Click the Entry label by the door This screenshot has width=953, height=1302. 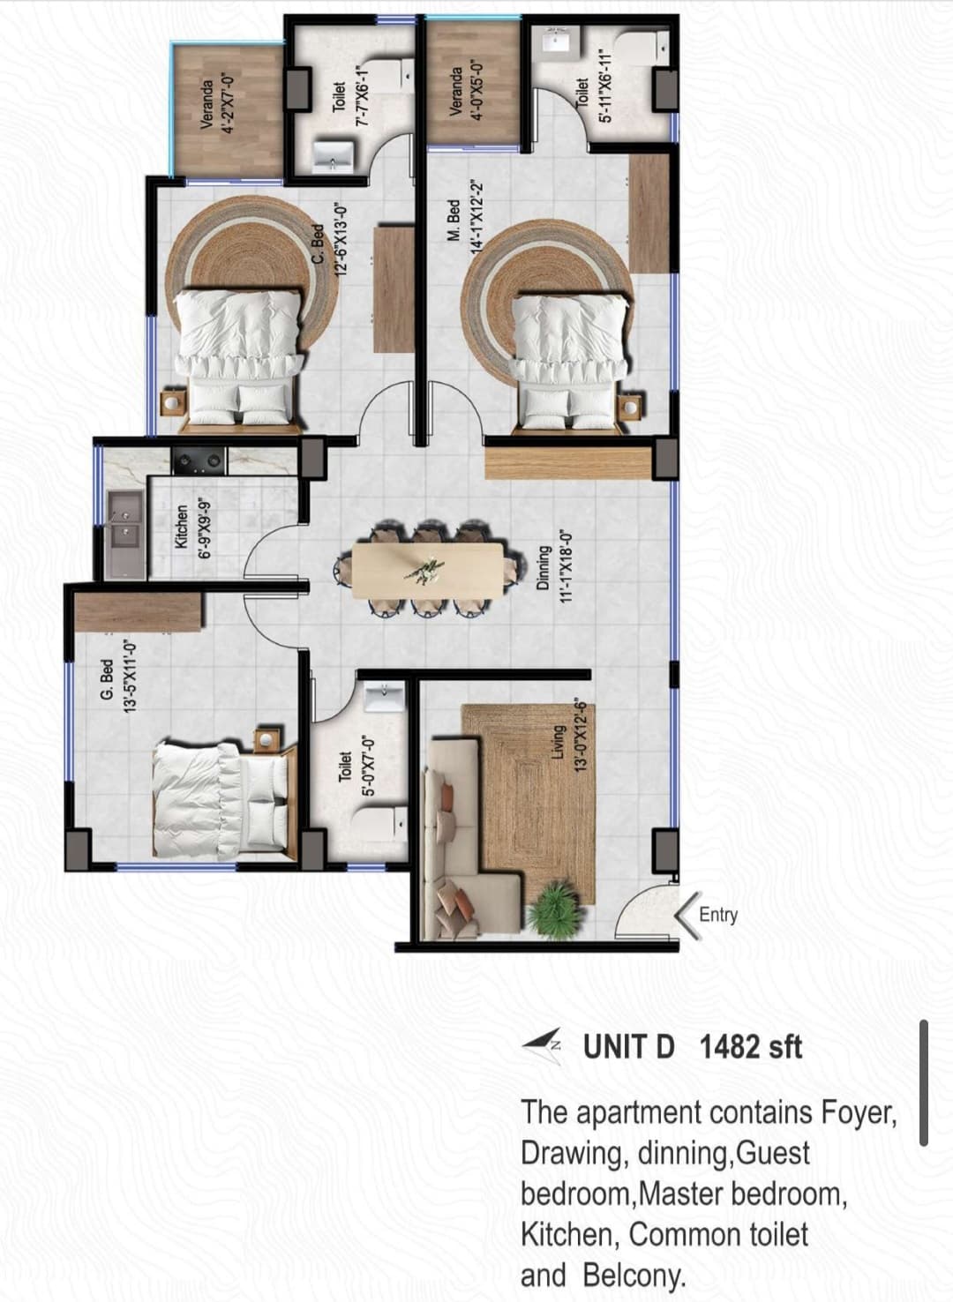click(x=718, y=915)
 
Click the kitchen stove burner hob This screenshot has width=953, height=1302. click(x=199, y=460)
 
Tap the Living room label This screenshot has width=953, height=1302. click(x=559, y=741)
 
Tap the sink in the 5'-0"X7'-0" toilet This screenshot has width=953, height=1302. click(x=385, y=698)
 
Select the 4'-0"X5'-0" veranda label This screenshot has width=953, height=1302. click(x=465, y=92)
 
